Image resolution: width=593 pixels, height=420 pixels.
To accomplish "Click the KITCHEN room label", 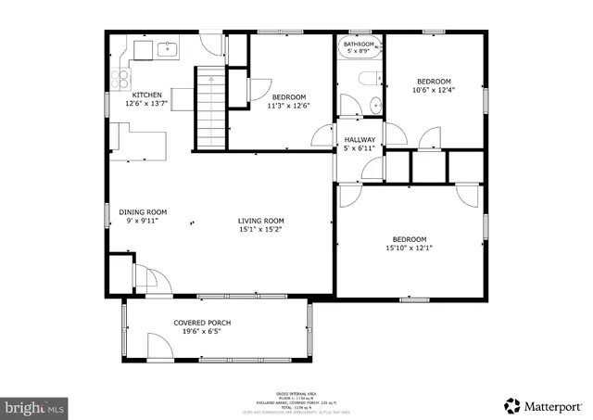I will [147, 95].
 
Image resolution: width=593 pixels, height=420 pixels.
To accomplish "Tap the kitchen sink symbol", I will [169, 49].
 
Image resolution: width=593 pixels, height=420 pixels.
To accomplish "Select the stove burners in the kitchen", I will [120, 78].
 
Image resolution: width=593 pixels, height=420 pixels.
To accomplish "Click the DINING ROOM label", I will [143, 211].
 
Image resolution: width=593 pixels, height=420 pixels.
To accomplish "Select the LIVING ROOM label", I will [260, 221].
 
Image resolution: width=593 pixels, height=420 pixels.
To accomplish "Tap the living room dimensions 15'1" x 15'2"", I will [260, 230].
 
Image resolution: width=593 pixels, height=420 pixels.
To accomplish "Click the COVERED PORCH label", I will [202, 323].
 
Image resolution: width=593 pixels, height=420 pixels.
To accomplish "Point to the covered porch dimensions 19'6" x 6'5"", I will [202, 332].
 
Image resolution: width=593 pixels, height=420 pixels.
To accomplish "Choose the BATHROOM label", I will [359, 44].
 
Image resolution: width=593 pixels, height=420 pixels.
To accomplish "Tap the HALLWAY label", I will [360, 139].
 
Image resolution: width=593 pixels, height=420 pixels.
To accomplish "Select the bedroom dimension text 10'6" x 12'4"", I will [434, 90].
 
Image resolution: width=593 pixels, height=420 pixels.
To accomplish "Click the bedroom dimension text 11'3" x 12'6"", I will [289, 106].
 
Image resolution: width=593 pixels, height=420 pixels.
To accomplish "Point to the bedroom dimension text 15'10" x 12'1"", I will [409, 248].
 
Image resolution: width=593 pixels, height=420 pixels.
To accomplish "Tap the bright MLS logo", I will [35, 407].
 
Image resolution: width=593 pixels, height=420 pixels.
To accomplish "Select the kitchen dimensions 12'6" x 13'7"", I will [147, 105].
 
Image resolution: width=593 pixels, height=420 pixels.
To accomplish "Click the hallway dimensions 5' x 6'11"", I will [360, 148].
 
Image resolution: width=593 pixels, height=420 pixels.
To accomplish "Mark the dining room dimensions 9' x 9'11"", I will [143, 221].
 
